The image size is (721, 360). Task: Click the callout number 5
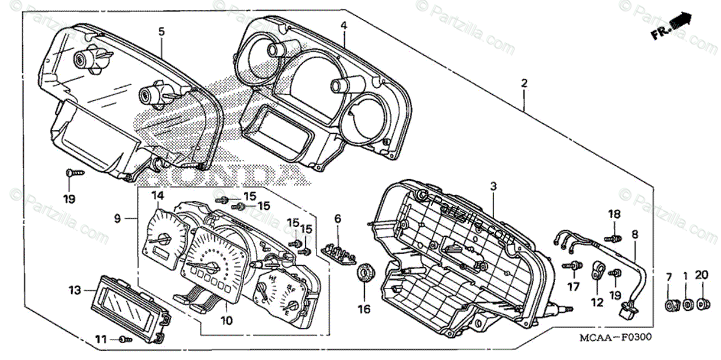coord(161,31)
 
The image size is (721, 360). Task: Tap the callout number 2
coord(524,84)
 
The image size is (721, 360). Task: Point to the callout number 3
coord(493,187)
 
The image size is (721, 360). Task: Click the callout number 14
coord(157,195)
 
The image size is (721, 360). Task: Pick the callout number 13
coord(75,290)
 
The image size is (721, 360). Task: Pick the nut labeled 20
coord(699,305)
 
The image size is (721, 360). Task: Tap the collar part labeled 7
coord(670,305)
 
